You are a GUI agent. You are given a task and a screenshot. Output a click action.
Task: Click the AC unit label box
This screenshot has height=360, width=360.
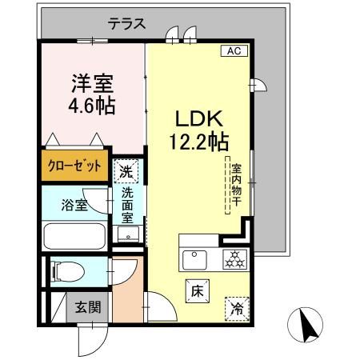pyautogui.click(x=234, y=50)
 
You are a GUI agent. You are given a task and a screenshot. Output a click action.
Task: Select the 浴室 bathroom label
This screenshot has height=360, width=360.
pyautogui.click(x=72, y=204)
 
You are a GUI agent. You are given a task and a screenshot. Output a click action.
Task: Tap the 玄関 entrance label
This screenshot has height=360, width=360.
pyautogui.click(x=88, y=306)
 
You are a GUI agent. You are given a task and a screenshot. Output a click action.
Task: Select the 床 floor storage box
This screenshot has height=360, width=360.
pyautogui.click(x=197, y=292)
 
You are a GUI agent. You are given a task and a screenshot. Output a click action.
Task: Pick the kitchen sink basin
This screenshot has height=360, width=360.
pyautogui.click(x=194, y=258)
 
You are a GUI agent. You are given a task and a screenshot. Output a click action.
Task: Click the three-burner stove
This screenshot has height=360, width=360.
pyautogui.click(x=233, y=258)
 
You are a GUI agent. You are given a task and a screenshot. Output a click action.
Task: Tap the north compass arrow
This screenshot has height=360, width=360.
pyautogui.click(x=306, y=322)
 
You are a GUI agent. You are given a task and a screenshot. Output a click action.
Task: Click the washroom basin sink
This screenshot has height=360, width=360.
pyautogui.click(x=127, y=234)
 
